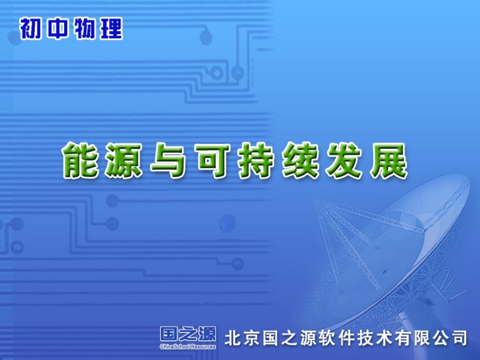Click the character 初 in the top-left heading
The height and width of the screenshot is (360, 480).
point(31,29)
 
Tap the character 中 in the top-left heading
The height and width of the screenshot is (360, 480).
point(58,29)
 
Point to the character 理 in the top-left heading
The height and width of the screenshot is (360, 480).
point(111,29)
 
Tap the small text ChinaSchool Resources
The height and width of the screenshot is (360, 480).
point(188,346)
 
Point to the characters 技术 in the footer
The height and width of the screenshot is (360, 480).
point(375,338)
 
